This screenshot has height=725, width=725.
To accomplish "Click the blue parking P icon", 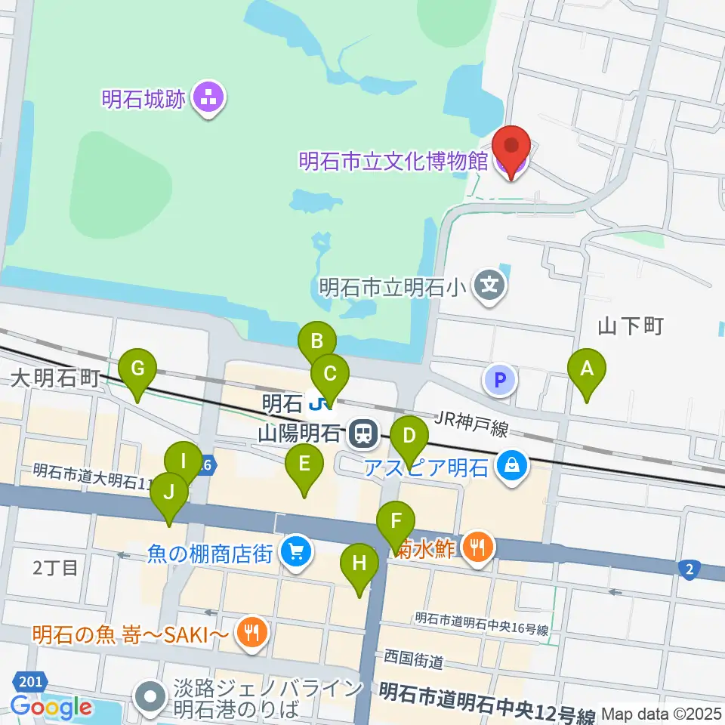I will (500, 381).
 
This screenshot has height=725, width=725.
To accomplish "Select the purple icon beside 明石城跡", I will (207, 99).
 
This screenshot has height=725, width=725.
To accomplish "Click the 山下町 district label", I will (630, 326).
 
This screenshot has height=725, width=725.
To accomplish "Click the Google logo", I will (51, 707).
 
